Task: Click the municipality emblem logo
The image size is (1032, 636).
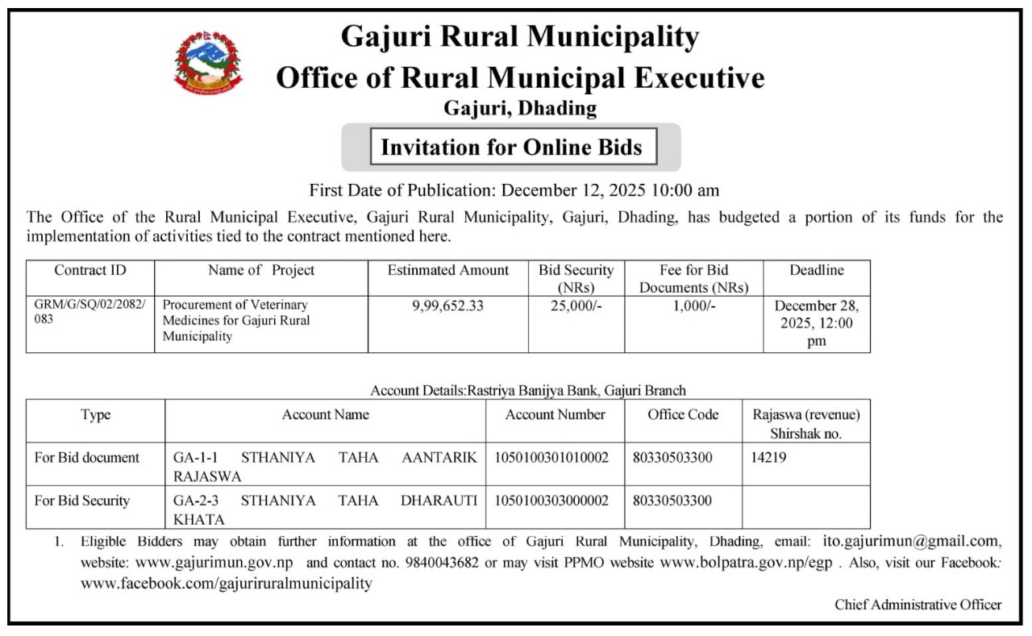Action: tap(207, 63)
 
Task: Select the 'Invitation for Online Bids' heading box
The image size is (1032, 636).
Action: tap(511, 148)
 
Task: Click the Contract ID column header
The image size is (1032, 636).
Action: tap(90, 271)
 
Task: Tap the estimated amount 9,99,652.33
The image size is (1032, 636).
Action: tap(448, 306)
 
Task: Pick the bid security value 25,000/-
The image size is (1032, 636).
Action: tap(576, 306)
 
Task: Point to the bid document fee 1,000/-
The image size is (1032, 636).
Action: tap(693, 306)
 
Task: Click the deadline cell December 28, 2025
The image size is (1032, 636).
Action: tap(817, 323)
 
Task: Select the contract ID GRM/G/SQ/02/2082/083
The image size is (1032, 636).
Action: tap(89, 313)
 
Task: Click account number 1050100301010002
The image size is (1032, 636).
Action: tap(556, 458)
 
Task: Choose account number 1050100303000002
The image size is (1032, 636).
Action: tap(556, 501)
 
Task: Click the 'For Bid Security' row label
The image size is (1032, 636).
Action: tap(81, 501)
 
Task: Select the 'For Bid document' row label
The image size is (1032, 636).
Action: tap(86, 458)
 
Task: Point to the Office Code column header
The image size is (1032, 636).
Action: tap(683, 415)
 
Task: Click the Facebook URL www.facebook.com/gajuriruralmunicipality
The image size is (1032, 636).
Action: tap(227, 584)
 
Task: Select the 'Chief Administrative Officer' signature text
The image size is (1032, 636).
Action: tap(918, 605)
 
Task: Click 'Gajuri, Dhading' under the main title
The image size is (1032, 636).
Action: tap(520, 108)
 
